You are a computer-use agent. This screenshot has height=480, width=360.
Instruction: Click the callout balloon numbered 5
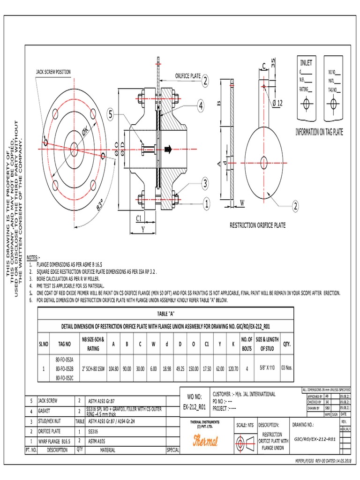pyautogui.click(x=111, y=114)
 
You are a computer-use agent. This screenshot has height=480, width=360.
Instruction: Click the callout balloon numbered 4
pyautogui.click(x=201, y=106)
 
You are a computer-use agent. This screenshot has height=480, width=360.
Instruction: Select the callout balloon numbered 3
pyautogui.click(x=205, y=182)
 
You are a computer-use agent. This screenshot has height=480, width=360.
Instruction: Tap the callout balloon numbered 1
pyautogui.click(x=205, y=203)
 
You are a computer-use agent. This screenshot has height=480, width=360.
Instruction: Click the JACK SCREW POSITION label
pyautogui.click(x=53, y=72)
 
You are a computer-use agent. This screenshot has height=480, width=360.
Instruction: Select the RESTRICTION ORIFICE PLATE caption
pyautogui.click(x=257, y=225)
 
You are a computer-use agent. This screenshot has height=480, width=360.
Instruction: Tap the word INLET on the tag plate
pyautogui.click(x=306, y=63)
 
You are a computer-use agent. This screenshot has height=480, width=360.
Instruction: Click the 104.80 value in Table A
pyautogui.click(x=113, y=368)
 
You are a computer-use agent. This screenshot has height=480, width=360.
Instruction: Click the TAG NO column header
pyautogui.click(x=64, y=344)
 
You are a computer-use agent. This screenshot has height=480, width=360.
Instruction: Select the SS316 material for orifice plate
pyautogui.click(x=95, y=431)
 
